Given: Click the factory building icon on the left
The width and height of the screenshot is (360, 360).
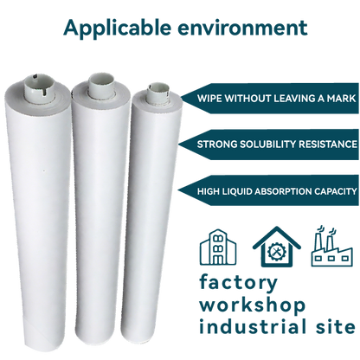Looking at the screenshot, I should coord(217,247).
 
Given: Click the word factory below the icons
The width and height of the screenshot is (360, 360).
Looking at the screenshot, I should coord(239,283).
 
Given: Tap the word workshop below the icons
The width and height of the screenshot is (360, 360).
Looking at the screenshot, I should coord(251,305).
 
